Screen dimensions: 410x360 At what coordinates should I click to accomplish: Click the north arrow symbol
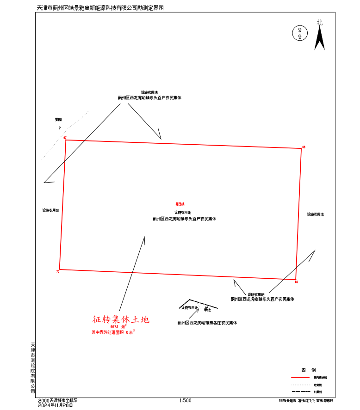319,37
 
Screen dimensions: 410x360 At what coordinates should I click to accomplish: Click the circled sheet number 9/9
300,33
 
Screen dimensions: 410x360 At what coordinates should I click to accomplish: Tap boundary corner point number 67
66,140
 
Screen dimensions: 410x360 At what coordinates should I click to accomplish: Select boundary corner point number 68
301,148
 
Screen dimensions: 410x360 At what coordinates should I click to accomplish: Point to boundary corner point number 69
296,280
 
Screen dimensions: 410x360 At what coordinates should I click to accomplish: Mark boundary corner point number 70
59,269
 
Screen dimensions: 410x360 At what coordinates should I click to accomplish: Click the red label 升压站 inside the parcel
180,204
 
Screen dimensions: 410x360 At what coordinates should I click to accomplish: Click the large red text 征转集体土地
121,319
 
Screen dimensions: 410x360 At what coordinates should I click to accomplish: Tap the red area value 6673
115,327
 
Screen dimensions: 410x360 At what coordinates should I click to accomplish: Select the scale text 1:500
185,401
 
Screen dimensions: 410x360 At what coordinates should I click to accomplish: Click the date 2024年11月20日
56,405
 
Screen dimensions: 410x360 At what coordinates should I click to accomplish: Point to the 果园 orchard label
58,120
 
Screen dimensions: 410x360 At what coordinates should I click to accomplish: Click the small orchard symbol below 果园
59,128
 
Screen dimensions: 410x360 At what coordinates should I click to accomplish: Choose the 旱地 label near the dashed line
207,310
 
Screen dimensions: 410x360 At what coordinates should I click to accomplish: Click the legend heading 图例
309,370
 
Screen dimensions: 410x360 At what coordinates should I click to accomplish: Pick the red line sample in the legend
300,378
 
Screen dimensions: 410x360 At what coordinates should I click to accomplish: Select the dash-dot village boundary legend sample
300,392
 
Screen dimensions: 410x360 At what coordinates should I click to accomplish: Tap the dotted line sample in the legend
300,385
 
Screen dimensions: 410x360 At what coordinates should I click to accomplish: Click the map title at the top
100,8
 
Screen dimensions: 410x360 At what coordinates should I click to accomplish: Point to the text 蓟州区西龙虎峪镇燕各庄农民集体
207,323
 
